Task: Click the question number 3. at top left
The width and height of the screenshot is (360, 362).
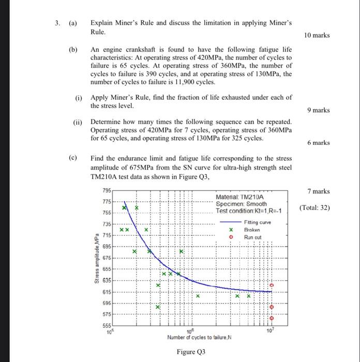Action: (59, 23)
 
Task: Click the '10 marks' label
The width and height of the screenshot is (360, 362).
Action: (317, 35)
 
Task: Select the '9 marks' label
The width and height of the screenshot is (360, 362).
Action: (318, 110)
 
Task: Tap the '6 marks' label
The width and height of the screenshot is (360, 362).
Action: (318, 143)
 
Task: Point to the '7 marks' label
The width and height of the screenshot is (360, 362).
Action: (318, 191)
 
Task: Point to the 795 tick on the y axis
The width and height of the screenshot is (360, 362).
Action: (107, 190)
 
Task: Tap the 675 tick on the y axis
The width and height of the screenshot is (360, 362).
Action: (107, 258)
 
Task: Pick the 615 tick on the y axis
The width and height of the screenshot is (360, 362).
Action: (107, 292)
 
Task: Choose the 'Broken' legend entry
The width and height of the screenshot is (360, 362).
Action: (252, 230)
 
